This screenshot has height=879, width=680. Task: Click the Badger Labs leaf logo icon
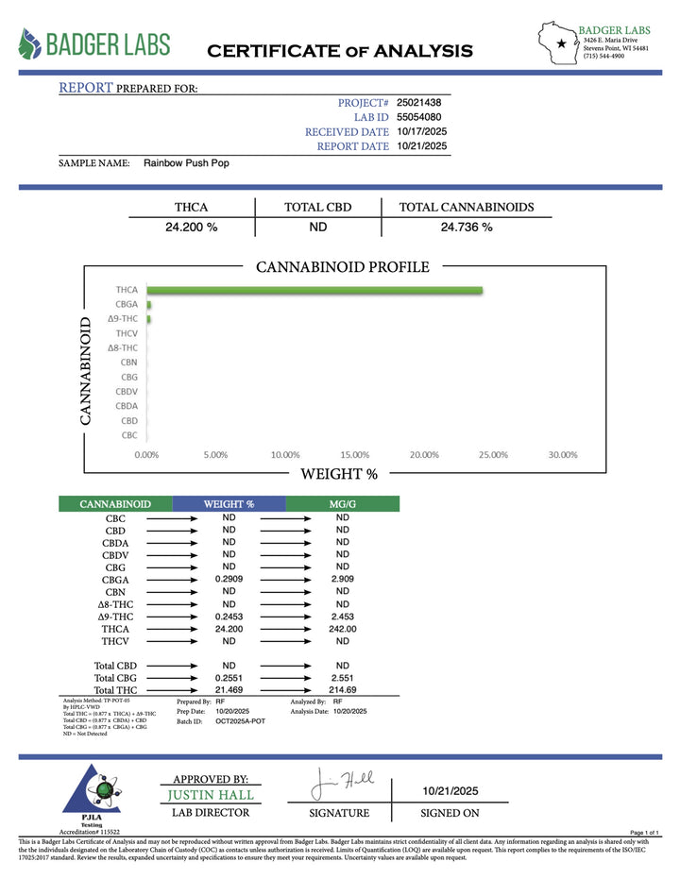click(31, 43)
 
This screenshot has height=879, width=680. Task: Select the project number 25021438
click(418, 102)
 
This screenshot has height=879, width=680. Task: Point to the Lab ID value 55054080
click(418, 117)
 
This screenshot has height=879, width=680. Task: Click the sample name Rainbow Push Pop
click(186, 162)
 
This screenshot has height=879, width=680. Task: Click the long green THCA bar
click(315, 290)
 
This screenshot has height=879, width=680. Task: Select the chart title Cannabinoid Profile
click(342, 267)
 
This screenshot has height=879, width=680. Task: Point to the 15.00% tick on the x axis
click(353, 454)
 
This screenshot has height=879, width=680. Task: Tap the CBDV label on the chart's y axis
click(127, 391)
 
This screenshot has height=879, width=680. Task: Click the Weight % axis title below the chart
click(339, 474)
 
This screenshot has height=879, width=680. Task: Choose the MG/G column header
click(342, 504)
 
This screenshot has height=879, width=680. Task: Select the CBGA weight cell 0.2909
click(229, 580)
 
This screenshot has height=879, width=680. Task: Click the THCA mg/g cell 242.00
click(342, 629)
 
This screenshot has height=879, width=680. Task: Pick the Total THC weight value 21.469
click(229, 691)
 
